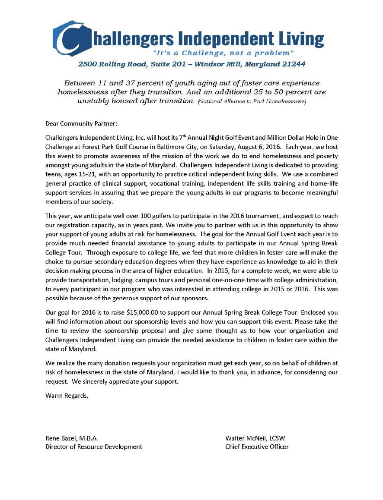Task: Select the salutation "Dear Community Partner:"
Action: coord(81,124)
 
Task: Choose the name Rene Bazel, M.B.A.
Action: coord(72,438)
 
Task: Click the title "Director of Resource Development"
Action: coord(94,447)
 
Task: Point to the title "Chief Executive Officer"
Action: coord(257,447)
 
